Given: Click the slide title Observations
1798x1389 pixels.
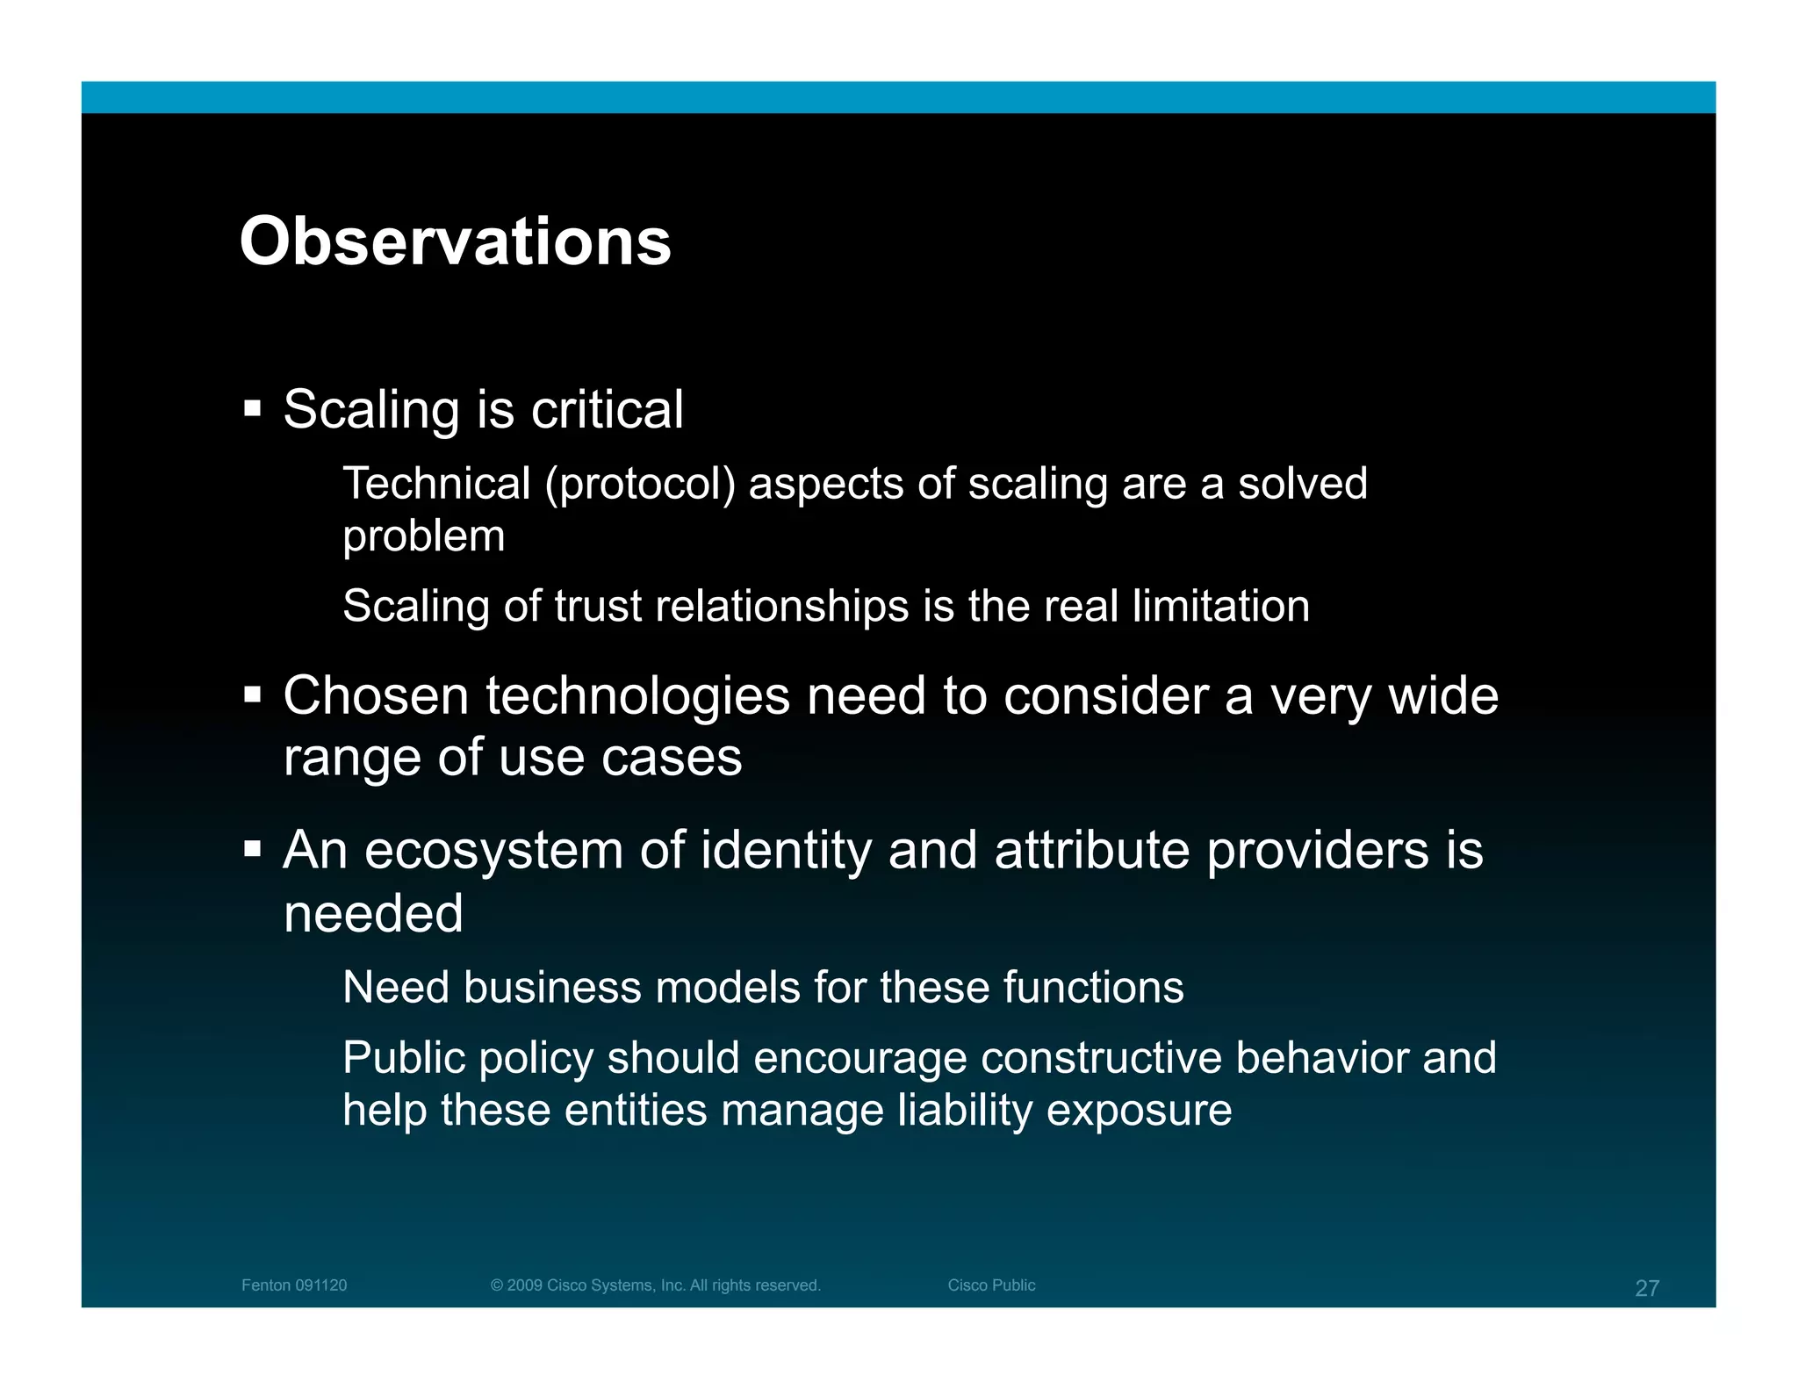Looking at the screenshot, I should click(x=455, y=241).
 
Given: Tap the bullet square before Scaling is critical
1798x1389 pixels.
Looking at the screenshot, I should click(x=253, y=408).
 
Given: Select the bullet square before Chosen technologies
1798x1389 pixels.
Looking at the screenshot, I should click(x=253, y=695).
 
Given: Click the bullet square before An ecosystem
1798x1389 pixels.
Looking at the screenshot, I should click(x=253, y=849).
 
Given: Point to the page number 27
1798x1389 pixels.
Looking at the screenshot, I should click(x=1647, y=1288).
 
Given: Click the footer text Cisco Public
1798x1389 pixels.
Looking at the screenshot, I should click(x=991, y=1285).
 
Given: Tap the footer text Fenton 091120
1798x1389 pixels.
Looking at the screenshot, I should click(x=294, y=1285).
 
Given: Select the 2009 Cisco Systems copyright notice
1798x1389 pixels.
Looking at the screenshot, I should click(x=655, y=1285).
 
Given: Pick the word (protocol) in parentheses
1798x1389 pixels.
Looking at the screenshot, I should click(x=640, y=485).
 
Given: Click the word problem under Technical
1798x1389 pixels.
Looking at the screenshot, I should click(x=424, y=536).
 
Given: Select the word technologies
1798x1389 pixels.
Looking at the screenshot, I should click(x=638, y=696).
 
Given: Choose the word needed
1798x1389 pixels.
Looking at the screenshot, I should click(x=373, y=913).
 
